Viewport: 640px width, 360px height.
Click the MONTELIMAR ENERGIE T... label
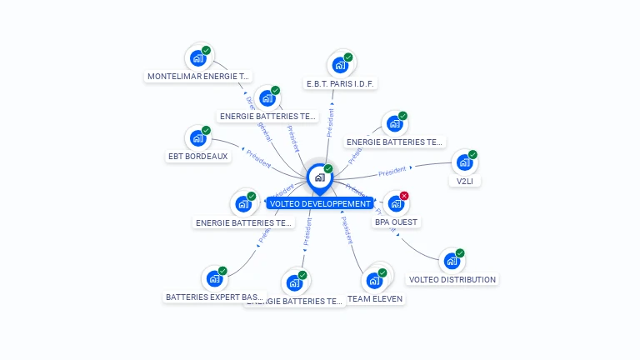pos(198,76)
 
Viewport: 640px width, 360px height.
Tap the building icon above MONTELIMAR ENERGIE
pos(197,57)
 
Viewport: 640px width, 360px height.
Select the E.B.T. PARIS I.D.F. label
pos(342,83)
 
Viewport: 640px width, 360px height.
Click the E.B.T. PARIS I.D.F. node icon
pos(340,64)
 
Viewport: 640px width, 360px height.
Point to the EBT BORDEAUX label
pos(197,156)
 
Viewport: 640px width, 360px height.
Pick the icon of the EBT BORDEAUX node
pos(197,137)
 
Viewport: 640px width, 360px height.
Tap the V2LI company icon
pos(464,162)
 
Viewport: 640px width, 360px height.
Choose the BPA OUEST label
pos(396,222)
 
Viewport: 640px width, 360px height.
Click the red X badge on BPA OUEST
pos(404,196)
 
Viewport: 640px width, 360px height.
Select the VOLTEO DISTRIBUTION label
pos(452,279)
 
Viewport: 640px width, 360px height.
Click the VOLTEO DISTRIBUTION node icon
pos(452,261)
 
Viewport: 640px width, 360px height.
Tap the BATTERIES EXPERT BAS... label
pos(214,297)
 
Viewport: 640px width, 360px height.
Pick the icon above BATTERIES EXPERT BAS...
pos(214,278)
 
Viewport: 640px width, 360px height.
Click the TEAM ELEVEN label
pos(374,298)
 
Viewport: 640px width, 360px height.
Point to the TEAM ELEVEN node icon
pos(374,279)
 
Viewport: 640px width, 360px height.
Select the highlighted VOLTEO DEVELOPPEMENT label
pos(320,203)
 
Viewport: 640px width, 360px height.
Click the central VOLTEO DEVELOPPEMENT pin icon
pos(319,177)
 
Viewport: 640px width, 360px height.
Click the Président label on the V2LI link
pos(392,172)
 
